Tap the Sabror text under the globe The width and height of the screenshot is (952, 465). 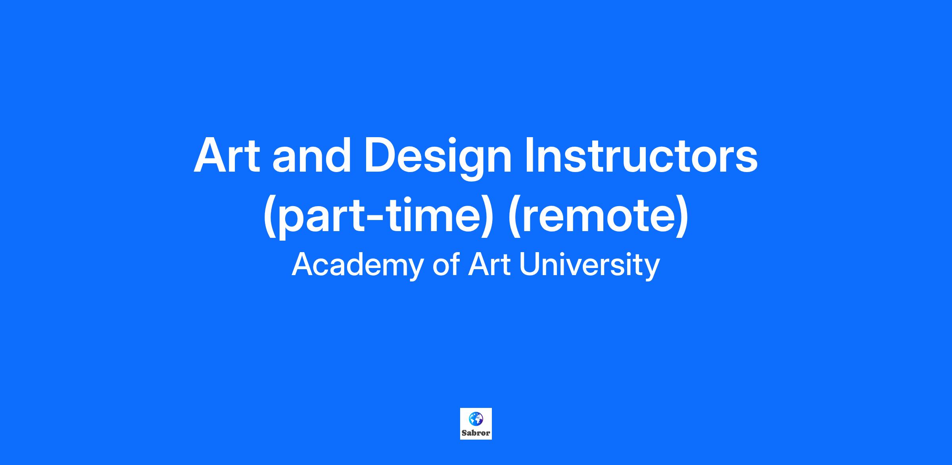click(x=476, y=433)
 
